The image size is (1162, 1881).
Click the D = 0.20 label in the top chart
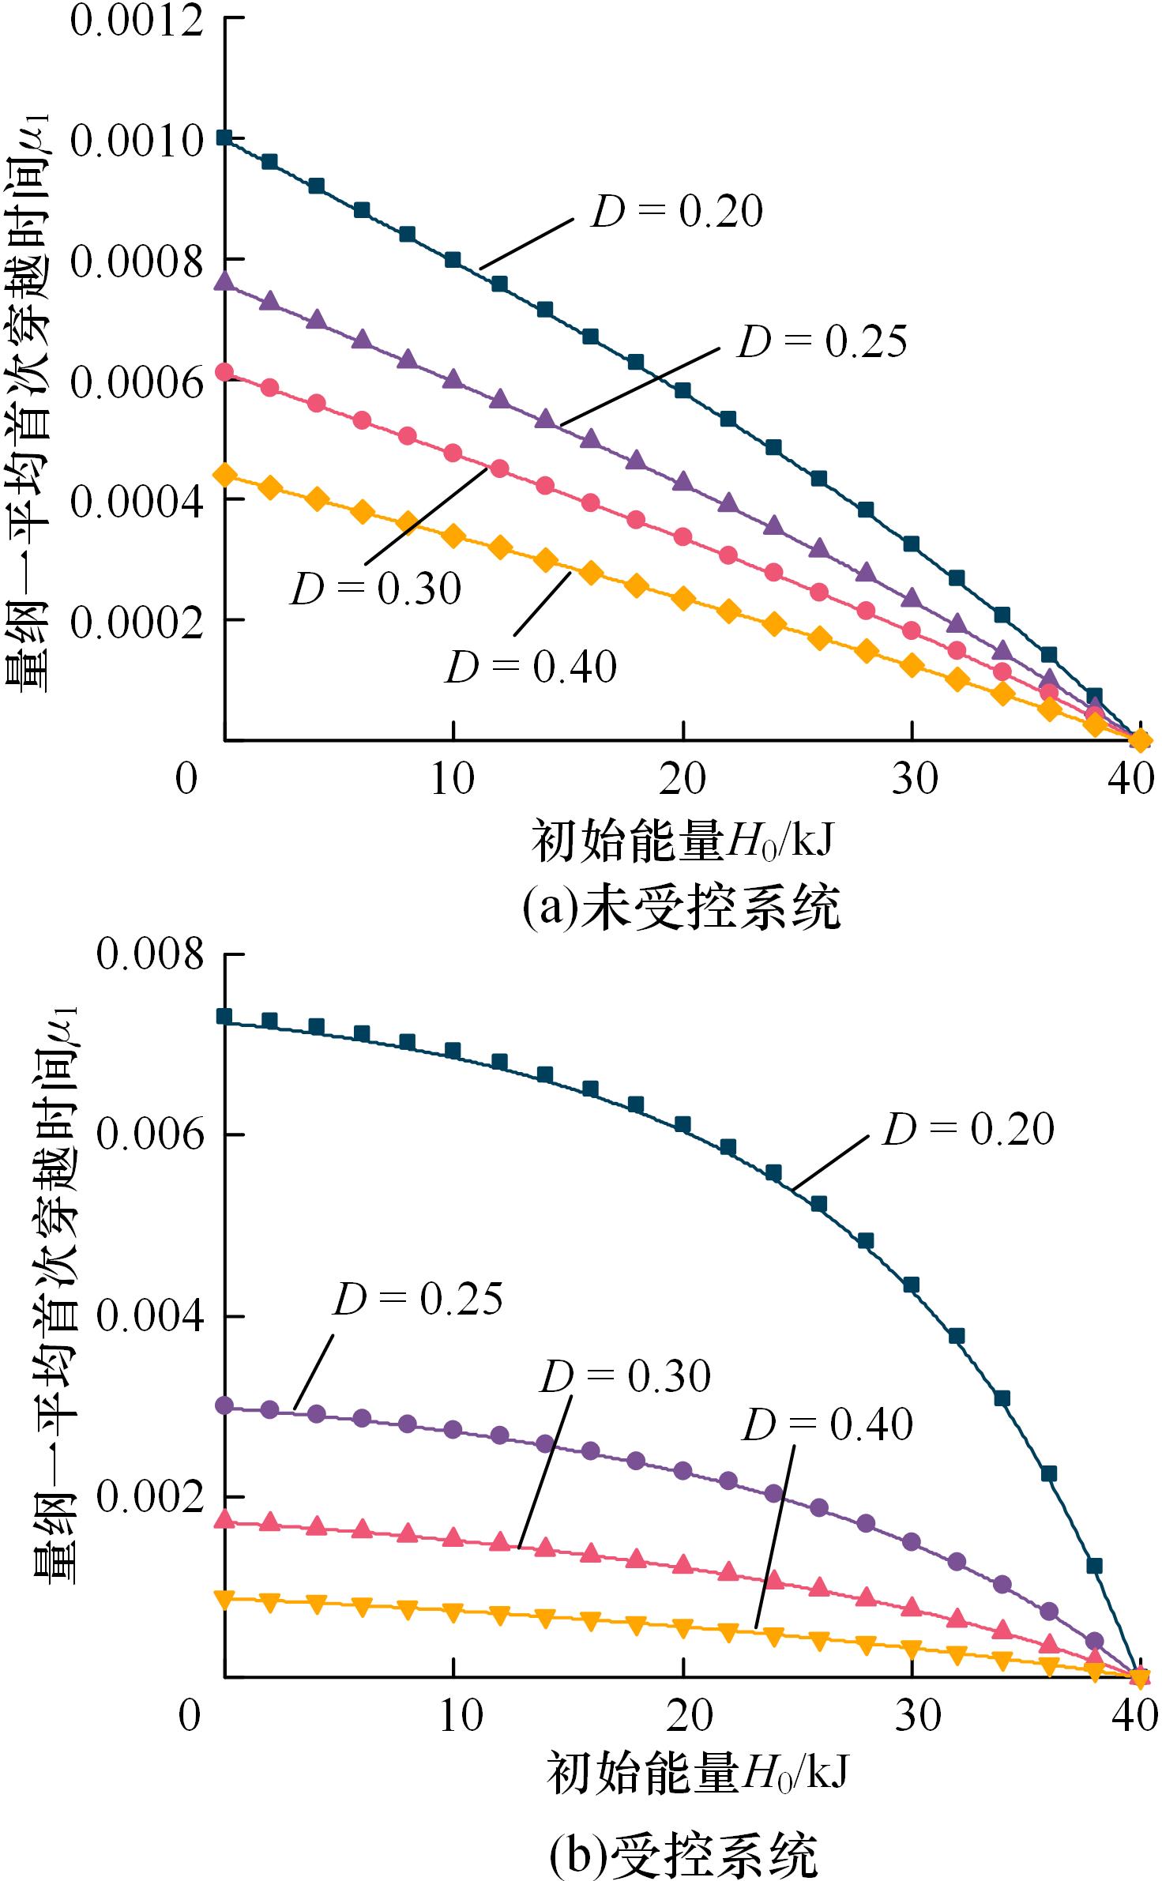(x=677, y=212)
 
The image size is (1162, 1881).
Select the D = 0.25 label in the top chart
(x=822, y=342)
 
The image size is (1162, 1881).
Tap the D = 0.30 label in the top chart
(x=376, y=589)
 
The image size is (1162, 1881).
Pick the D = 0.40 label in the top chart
(x=531, y=668)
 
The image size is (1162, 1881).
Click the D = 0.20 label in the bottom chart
(x=968, y=1130)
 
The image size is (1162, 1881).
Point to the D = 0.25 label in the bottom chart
(x=417, y=1299)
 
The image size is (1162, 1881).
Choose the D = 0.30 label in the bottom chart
(x=625, y=1376)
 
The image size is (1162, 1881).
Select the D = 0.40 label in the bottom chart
(x=827, y=1425)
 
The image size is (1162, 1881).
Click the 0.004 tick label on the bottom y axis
(x=150, y=1317)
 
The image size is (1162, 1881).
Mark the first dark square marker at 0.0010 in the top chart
(x=225, y=137)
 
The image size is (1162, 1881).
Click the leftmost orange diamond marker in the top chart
(x=225, y=475)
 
